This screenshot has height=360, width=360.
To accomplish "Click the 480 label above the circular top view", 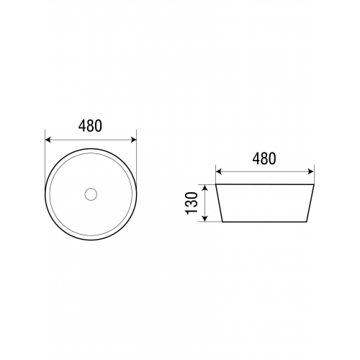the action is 90,126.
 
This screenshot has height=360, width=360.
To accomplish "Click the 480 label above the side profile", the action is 264,158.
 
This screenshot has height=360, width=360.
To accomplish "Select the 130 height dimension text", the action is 192,203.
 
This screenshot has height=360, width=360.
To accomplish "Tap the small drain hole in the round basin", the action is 91,194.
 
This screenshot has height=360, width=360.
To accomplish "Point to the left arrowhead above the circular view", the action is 48,140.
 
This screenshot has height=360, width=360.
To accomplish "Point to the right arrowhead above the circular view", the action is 133,140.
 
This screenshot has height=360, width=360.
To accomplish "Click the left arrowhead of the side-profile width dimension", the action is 219,171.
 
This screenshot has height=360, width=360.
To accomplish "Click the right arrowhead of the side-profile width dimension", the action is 310,171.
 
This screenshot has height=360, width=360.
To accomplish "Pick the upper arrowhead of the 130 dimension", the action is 204,188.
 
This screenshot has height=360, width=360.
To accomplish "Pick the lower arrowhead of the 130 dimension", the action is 204,218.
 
